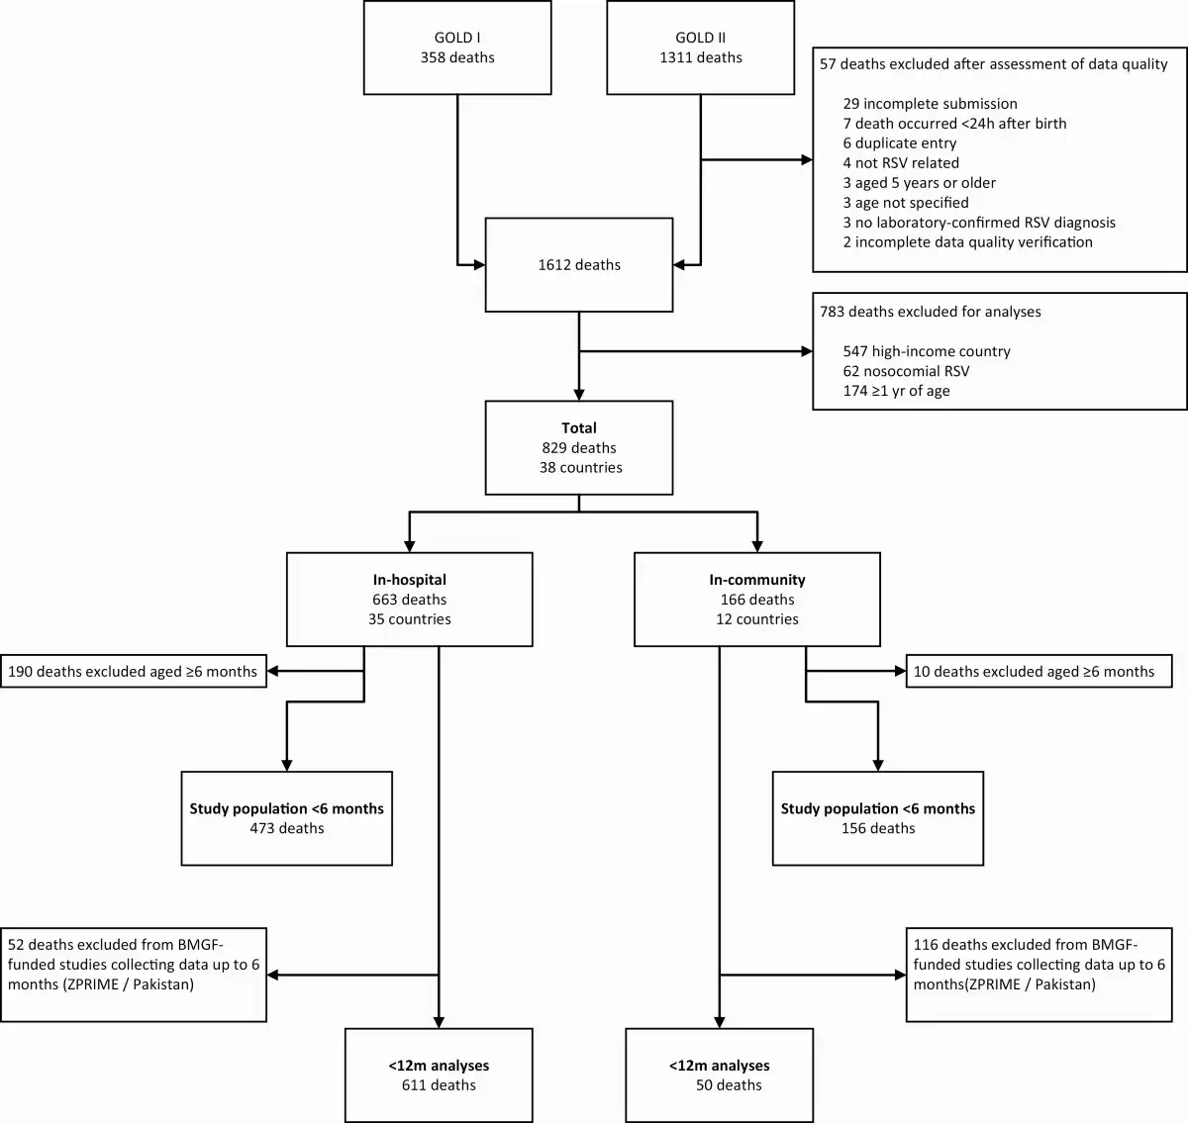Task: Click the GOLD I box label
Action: (x=457, y=38)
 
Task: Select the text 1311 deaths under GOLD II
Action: (x=700, y=57)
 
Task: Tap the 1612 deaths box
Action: (x=579, y=264)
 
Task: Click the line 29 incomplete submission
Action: (x=930, y=104)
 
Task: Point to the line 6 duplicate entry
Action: (x=900, y=143)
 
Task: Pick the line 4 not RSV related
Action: (x=901, y=163)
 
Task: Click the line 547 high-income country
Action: (x=927, y=351)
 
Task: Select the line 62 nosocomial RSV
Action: (x=906, y=371)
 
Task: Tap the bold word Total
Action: (x=579, y=427)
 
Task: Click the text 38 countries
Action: (x=581, y=468)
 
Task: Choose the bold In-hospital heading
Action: (x=409, y=580)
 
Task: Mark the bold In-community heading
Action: (x=757, y=580)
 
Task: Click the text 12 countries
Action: (x=757, y=619)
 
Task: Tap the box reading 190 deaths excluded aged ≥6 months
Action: (x=134, y=671)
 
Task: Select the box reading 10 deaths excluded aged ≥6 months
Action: (x=1039, y=671)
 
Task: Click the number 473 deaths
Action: (x=286, y=828)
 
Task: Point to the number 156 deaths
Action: (x=878, y=828)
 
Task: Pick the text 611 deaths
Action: (x=439, y=1085)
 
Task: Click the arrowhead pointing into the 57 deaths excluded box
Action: (x=807, y=159)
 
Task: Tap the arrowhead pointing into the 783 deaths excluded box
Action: (x=807, y=351)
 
